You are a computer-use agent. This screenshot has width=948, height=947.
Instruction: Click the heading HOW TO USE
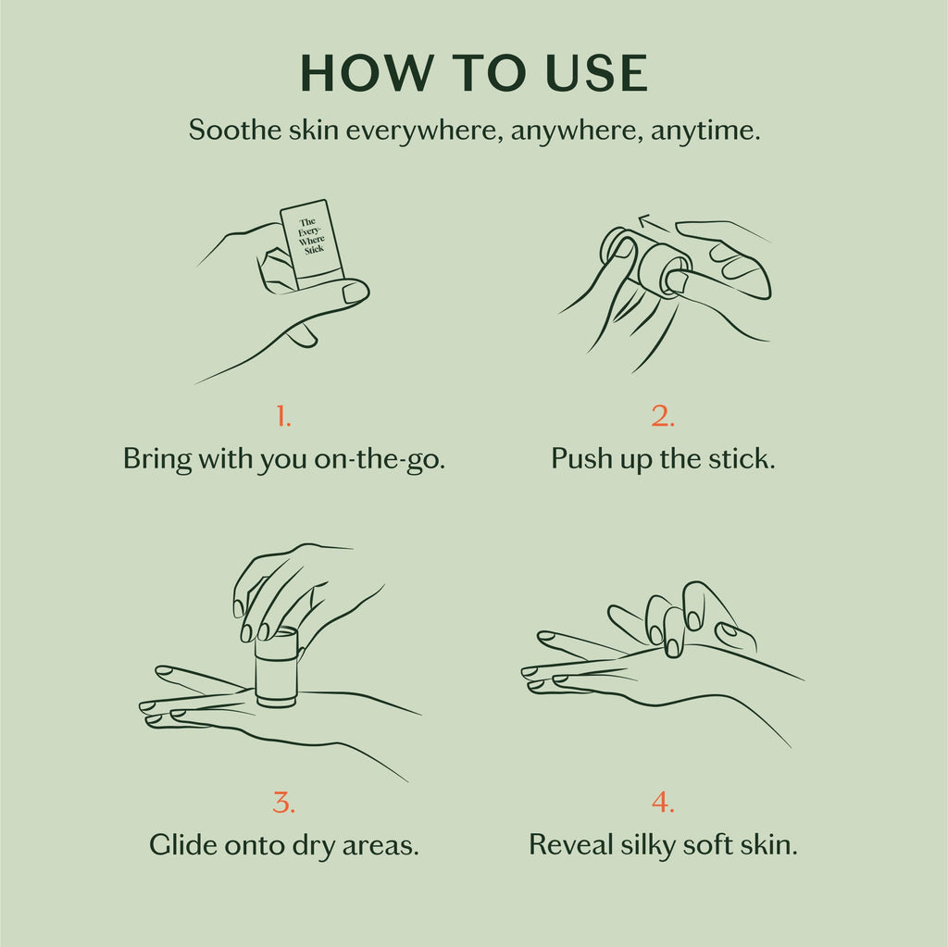click(474, 74)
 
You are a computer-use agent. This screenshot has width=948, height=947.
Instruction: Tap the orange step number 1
click(283, 417)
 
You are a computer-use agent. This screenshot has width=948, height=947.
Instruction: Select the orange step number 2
click(663, 417)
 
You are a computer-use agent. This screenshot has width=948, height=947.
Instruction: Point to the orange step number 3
click(283, 803)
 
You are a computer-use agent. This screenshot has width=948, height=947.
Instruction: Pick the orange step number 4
click(663, 803)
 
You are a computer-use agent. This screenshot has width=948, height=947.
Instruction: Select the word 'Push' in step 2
click(579, 459)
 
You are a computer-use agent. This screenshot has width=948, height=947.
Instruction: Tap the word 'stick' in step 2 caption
click(742, 459)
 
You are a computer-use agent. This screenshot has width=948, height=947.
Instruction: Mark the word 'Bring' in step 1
click(155, 459)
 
